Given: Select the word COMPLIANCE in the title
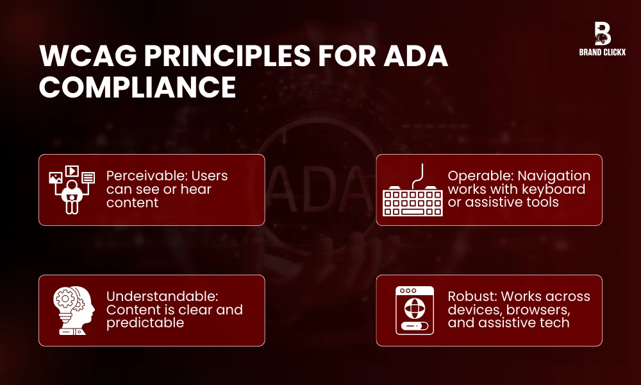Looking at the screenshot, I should click(x=137, y=88).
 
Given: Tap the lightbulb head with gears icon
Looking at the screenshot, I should click(x=72, y=311).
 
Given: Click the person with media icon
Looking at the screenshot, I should click(x=72, y=189).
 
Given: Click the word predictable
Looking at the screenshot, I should click(x=145, y=323).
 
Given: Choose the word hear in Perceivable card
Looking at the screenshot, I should click(x=196, y=189).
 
